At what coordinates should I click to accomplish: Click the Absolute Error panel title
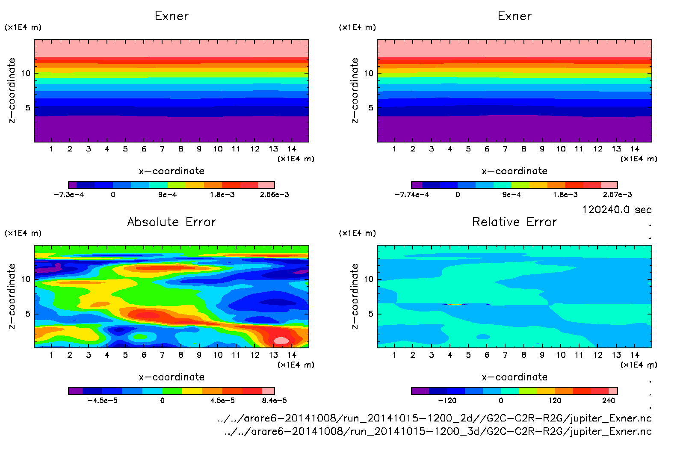tap(171, 222)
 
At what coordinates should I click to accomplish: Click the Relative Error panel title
tap(514, 222)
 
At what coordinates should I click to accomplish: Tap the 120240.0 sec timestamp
tap(616, 210)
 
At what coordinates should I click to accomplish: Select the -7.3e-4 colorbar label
tap(69, 195)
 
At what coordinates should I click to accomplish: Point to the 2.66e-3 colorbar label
tap(274, 195)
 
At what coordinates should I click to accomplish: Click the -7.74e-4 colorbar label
tap(411, 195)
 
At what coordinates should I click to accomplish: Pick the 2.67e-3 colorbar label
tap(617, 195)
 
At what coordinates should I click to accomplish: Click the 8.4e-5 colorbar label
tap(274, 401)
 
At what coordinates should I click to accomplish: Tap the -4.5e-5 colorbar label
tap(102, 401)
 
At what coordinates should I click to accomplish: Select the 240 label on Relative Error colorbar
tap(608, 401)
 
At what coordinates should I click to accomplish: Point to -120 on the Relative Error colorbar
tap(447, 401)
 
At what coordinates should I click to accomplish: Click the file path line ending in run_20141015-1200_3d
tap(438, 431)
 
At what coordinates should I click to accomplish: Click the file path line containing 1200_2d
tap(434, 418)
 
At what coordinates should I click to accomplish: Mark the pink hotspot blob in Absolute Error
tap(281, 341)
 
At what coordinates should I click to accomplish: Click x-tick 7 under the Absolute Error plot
tap(162, 355)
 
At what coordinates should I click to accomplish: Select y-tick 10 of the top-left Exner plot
tap(26, 73)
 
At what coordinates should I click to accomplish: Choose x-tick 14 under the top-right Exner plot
tap(635, 149)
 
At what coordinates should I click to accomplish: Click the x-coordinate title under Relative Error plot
tap(514, 377)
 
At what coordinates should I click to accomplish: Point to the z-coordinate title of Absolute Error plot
tap(12, 296)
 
